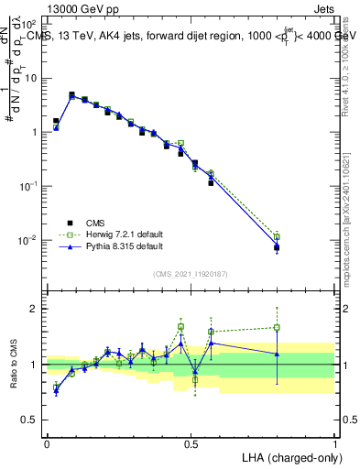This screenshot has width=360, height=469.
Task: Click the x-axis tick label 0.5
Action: tap(191, 442)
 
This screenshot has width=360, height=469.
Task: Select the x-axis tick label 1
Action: tap(334, 442)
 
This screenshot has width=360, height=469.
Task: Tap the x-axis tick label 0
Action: tap(47, 442)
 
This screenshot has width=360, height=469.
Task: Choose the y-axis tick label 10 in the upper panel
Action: tap(31, 78)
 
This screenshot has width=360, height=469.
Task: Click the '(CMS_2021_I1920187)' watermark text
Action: tap(190, 274)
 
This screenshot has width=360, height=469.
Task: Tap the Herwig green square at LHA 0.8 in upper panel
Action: tap(277, 235)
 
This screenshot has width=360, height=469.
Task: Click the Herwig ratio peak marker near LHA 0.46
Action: tap(180, 327)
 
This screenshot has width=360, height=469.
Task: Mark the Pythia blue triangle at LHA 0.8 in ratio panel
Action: tap(277, 354)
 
